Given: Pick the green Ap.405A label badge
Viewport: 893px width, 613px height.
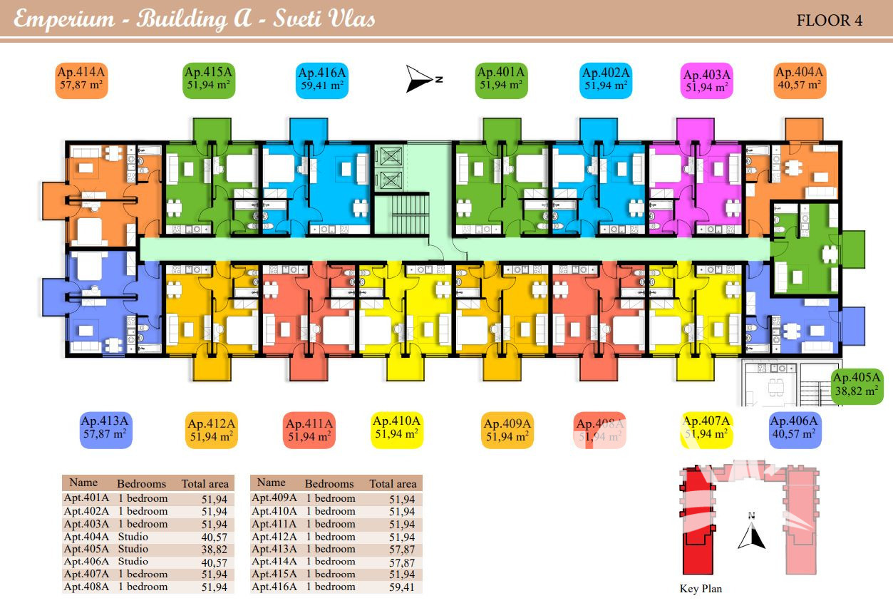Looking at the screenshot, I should pos(857,385).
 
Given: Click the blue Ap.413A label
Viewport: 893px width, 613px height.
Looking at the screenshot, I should pos(105,427).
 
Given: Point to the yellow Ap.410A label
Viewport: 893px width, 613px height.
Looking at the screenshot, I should pos(397,428).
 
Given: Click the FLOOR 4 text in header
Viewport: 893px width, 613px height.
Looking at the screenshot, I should pos(830,20).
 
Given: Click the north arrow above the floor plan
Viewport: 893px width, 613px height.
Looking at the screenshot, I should pos(420,78).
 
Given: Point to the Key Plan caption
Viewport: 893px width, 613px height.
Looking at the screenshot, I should pos(701,589).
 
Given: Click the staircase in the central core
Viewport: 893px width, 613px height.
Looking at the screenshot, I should pos(403,215).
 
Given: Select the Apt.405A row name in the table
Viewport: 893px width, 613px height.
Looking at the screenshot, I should pos(86,549).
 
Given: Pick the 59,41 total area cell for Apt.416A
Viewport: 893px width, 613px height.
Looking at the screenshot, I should pos(402,587).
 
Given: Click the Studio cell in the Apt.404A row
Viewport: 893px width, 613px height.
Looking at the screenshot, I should pos(133,537).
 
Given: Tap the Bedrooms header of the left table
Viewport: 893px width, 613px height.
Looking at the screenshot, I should pos(141,484).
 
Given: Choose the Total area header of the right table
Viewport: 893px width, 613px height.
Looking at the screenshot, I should pos(393,484).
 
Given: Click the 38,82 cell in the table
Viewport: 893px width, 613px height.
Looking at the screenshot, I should pos(215,550).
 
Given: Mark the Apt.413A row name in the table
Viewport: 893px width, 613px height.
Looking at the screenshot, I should pos(274,549).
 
